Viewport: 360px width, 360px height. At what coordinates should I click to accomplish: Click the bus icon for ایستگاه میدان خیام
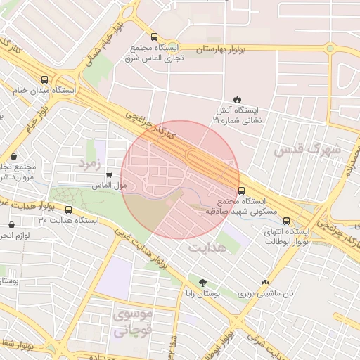click(x=46, y=79)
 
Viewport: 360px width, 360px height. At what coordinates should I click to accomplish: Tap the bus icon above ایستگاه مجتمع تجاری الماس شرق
click(x=154, y=37)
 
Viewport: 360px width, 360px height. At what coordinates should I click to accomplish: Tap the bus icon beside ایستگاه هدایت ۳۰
click(x=68, y=209)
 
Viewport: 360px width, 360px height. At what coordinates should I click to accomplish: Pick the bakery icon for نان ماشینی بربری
click(x=264, y=283)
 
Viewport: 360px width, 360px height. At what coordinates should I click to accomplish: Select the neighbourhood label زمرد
click(x=91, y=164)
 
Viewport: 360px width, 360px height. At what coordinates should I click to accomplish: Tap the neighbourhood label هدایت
click(x=205, y=247)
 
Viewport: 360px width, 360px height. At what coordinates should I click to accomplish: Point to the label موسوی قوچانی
click(x=131, y=323)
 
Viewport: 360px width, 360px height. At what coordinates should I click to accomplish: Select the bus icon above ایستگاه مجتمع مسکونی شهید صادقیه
click(x=242, y=190)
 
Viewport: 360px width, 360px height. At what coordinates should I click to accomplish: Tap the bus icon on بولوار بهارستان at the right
click(x=330, y=48)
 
